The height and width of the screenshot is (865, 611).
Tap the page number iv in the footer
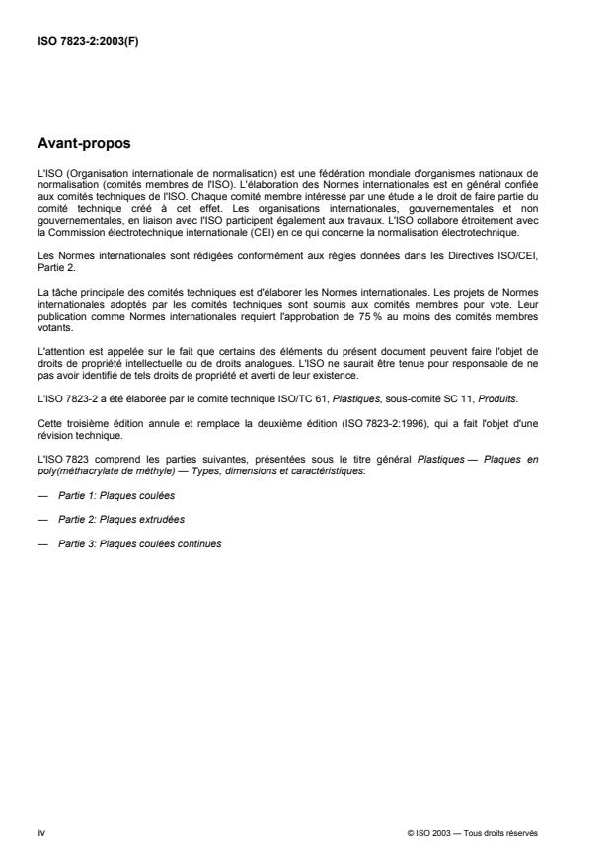click(40, 832)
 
